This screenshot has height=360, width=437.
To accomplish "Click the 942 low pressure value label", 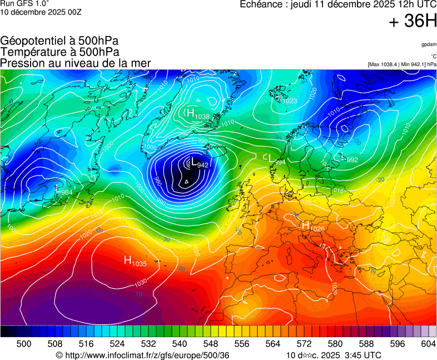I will click(203, 165).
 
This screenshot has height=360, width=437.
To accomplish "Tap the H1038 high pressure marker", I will click(197, 115).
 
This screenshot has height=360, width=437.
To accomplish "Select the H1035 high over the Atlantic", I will click(135, 262).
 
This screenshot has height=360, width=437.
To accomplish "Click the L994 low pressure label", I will click(276, 160).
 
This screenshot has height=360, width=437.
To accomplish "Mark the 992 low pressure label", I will click(352, 160).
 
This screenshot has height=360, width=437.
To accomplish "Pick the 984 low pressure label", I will click(67, 192).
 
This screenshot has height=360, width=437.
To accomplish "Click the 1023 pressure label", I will click(290, 101).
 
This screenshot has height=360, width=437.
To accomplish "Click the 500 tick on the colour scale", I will click(24, 344).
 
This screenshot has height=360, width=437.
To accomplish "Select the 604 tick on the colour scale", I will click(428, 344).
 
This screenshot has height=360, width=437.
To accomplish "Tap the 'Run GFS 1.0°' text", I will click(24, 3).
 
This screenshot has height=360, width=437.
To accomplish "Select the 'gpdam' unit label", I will click(429, 44).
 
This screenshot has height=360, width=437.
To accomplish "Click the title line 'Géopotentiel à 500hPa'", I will click(59, 41).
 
